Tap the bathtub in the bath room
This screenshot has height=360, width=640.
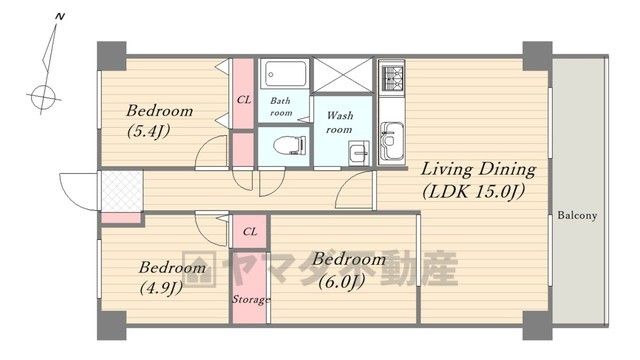286,74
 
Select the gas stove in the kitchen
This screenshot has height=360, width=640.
392,78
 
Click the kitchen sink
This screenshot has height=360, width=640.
391,141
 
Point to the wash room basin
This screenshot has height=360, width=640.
359,153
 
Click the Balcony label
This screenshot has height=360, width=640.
577,215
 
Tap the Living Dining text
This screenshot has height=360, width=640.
478,169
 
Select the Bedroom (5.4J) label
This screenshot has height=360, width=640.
159,121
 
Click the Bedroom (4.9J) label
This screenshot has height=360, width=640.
172,278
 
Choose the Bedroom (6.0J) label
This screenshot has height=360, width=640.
349,270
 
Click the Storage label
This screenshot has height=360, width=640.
251,300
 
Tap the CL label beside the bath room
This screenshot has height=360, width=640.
244,99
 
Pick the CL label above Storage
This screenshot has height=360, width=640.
250,231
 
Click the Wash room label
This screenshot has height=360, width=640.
340,122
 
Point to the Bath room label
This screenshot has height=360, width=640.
281,107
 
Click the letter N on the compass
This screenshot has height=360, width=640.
60,17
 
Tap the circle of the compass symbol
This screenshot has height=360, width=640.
43,97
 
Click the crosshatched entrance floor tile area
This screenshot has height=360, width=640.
122,191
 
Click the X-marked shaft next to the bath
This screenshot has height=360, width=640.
344,76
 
